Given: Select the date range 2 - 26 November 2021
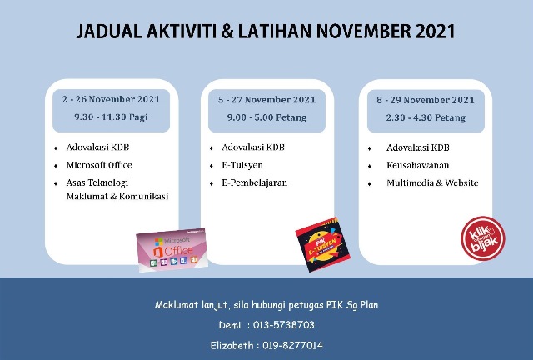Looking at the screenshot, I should click(x=111, y=98).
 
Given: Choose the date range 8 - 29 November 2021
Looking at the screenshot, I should click(x=425, y=100).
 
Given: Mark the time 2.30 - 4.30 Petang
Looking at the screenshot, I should click(x=425, y=117).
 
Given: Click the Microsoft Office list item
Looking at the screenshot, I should click(x=99, y=165).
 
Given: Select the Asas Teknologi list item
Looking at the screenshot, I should click(x=97, y=182).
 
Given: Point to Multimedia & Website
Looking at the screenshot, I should click(x=432, y=182).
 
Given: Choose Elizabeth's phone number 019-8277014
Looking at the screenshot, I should click(x=291, y=345).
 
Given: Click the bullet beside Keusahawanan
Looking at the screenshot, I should click(x=370, y=166).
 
